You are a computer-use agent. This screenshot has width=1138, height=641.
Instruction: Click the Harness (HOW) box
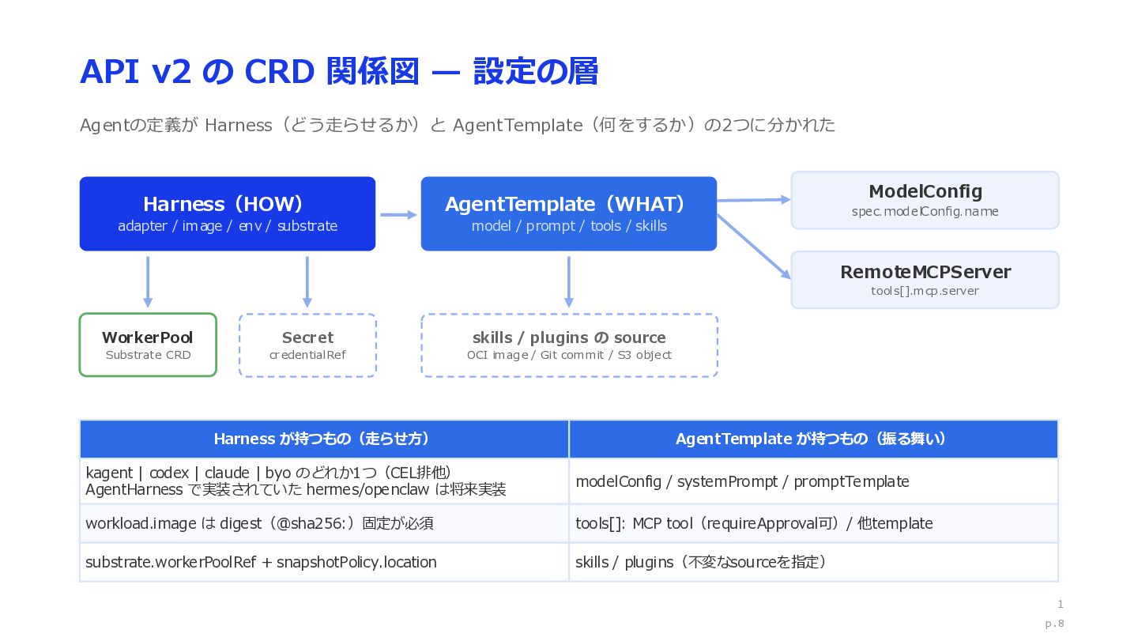coord(228,214)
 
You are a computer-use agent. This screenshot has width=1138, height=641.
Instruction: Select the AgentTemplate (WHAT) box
coord(569,214)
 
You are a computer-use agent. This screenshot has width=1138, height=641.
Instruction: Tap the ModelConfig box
coord(925,200)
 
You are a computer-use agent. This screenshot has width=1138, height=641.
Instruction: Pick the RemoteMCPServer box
coord(925,280)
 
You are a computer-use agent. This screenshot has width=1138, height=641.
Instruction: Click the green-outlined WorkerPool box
coord(148,345)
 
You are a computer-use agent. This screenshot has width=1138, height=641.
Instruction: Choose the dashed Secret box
coord(308,345)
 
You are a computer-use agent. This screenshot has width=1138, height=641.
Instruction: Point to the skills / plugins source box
coord(570,345)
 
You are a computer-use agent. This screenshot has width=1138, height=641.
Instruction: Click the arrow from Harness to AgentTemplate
coord(398,215)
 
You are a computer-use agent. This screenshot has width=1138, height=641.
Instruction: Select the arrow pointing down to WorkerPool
coord(148,282)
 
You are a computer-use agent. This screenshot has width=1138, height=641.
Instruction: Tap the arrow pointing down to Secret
coord(307,282)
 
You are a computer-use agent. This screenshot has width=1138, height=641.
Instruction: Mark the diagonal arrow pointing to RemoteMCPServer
coord(754,247)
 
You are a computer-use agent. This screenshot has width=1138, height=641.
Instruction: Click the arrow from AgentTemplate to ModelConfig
coord(754,200)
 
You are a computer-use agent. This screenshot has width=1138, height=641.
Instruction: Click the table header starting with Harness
coord(324,439)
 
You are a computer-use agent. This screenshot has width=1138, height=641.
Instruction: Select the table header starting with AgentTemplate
coord(813,439)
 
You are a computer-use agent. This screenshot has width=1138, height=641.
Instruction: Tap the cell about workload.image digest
coord(324,523)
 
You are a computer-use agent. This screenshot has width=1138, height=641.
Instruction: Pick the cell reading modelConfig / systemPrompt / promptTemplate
coord(813,481)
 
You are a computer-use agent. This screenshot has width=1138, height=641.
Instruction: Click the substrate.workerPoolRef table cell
coord(324,562)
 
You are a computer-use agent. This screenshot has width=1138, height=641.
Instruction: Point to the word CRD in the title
coord(280,72)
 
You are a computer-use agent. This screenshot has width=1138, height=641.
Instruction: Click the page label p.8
coord(1055,624)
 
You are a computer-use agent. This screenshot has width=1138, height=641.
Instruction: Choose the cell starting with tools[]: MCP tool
coord(813,523)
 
